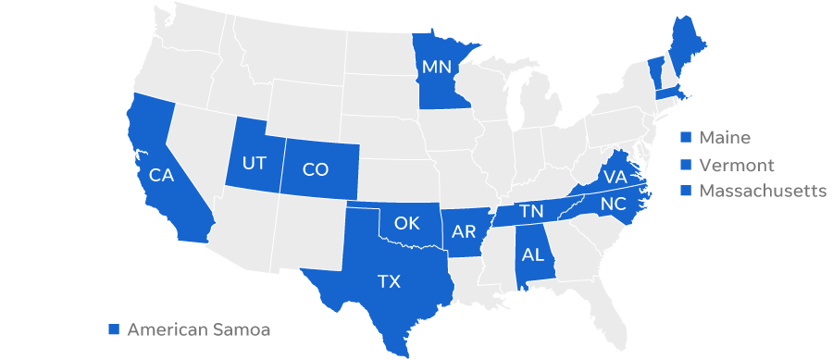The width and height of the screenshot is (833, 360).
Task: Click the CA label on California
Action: pos(162,174)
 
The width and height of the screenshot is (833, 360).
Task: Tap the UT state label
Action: pos(254,164)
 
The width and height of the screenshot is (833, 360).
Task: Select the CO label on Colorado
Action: pos(316,169)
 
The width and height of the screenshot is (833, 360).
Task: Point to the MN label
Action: pos(436,67)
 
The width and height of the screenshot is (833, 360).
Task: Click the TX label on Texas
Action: pos(389,281)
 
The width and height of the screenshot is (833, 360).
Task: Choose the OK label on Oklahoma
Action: pos(407,223)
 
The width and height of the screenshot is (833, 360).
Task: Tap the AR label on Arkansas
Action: pos(464,232)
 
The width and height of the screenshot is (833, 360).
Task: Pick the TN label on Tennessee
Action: pos(531,212)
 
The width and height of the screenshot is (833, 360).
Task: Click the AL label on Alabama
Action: pos(534,254)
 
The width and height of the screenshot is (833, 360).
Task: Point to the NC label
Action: pos(613,204)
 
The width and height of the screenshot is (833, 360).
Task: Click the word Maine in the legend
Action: pos(724,138)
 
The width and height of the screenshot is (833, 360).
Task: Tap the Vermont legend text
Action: pos(736,165)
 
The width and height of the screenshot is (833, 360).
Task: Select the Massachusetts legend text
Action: pos(763,191)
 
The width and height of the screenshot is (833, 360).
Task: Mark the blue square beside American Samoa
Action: pos(114,329)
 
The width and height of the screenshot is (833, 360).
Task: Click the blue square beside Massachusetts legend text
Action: pos(686,191)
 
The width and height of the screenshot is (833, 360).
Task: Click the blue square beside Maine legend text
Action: pos(686,138)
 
